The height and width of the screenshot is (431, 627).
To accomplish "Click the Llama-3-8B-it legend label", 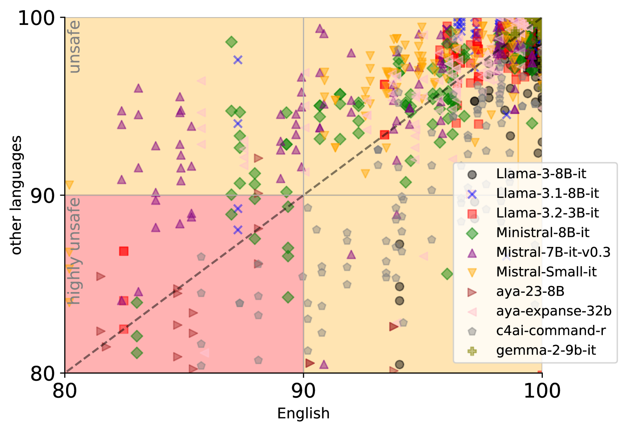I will click(541, 174).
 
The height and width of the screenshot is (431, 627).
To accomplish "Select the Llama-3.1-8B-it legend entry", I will click(547, 194).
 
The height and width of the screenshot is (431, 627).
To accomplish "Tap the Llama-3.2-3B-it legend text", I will click(547, 213).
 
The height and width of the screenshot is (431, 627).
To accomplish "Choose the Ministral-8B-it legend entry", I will click(542, 233).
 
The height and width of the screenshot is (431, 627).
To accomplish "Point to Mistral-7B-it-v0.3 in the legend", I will click(553, 252).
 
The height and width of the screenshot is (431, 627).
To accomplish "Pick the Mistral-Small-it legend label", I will click(546, 272).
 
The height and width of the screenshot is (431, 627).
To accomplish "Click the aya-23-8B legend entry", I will click(530, 292).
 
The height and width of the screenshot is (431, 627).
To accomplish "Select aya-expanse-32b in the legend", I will click(553, 311).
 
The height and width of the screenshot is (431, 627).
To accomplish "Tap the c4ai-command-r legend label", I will click(551, 331).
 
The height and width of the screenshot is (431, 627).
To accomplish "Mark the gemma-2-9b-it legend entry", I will click(546, 351).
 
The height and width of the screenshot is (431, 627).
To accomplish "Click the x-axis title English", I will click(303, 414).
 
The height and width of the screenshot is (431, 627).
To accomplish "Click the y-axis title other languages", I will click(16, 195).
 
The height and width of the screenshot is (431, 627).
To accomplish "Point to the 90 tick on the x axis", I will click(303, 391).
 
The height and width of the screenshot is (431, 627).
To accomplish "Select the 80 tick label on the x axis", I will click(65, 391).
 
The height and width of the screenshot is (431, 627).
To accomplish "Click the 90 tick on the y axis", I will click(43, 195).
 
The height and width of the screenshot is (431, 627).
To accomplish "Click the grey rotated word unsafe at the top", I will click(75, 47).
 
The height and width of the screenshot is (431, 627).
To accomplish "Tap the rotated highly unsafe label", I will click(75, 251).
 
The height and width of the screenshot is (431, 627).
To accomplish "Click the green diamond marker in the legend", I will click(472, 233).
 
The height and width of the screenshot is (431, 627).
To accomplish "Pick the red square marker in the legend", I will click(472, 214).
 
